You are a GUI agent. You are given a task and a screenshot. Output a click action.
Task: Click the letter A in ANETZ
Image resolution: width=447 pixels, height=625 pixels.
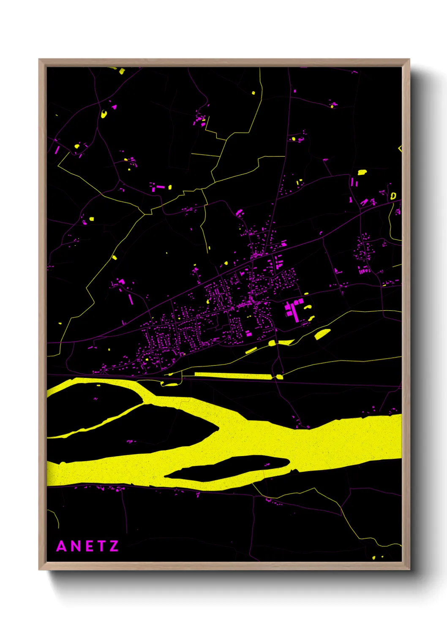click(62, 546)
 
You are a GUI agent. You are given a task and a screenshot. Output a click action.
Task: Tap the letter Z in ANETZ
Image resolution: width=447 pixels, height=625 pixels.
click(114, 546)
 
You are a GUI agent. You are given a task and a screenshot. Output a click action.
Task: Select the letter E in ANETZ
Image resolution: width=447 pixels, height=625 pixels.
click(89, 546)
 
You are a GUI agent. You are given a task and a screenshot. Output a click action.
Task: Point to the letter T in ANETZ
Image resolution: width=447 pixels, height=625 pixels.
click(101, 546)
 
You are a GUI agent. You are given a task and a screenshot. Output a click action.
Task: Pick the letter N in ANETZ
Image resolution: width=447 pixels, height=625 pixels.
click(75, 546)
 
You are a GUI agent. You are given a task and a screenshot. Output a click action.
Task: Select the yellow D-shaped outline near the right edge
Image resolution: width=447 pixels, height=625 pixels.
click(393, 196)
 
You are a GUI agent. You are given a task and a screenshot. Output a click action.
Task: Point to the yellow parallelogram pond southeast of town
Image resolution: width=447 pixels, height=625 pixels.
click(322, 334)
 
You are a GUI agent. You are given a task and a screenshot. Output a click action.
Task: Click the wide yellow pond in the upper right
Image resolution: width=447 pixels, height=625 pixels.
click(362, 172)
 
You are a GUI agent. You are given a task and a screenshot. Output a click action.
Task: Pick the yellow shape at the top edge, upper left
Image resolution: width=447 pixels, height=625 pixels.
click(122, 71)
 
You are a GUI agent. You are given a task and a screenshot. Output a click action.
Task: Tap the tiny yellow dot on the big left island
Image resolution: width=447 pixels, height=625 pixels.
click(98, 385)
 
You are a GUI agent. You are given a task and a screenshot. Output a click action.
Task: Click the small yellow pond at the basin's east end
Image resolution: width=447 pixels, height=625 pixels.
click(279, 376)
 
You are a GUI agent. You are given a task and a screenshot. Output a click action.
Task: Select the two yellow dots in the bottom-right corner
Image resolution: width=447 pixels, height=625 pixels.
click(378, 557)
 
